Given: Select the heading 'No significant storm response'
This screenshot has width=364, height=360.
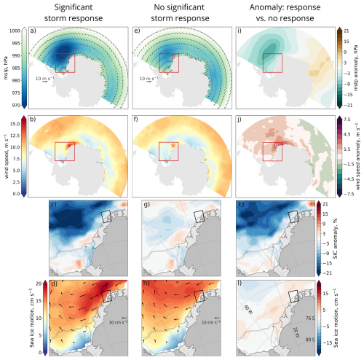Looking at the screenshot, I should (173, 12).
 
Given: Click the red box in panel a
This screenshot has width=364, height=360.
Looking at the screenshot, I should (65, 63).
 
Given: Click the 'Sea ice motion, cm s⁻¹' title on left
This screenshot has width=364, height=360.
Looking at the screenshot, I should (8, 311).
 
